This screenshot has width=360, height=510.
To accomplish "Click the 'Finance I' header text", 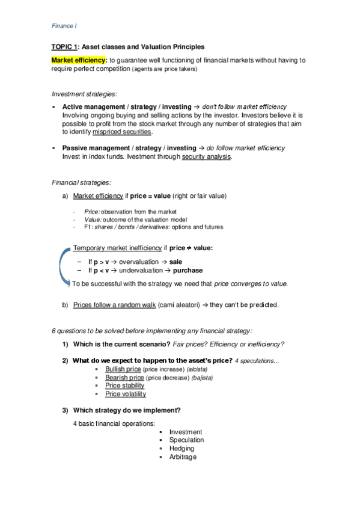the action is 63,26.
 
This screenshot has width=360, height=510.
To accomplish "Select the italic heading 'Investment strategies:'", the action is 84,94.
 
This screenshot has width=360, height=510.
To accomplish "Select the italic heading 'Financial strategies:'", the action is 82,182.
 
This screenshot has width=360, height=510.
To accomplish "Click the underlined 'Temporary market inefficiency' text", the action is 117,248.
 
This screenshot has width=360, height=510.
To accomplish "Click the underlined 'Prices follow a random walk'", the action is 114,305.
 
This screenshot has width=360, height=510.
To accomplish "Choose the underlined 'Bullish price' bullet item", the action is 123,369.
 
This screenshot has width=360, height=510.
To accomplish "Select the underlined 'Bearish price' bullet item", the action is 123,377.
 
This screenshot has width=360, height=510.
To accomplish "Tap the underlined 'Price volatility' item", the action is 126,394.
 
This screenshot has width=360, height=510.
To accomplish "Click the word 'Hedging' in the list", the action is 182,448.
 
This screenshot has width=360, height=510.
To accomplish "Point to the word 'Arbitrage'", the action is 183,457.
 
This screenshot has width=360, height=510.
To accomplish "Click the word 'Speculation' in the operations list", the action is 187,440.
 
